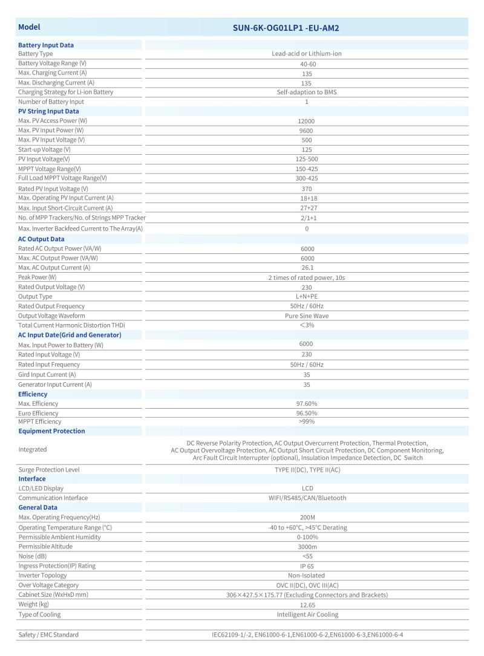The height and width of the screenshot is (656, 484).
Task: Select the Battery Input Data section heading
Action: pos(46,45)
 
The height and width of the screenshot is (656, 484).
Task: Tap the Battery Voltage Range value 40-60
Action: pos(307,63)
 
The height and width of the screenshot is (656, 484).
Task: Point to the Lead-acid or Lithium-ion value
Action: pos(307,54)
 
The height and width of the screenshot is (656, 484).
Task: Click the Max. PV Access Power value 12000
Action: pos(307,121)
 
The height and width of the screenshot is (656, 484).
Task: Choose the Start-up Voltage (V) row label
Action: pos(44,149)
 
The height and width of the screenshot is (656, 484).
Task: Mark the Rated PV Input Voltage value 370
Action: pos(307,189)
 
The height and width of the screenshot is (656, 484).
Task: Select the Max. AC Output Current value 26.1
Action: pos(307,268)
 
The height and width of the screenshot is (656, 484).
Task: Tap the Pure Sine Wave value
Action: pos(307,316)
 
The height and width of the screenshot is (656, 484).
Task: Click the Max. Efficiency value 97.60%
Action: pos(307,403)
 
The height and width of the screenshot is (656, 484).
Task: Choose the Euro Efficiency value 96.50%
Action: pos(307,413)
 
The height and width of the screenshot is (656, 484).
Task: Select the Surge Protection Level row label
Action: pos(49,470)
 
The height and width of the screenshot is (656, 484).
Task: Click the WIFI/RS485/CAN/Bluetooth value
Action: pos(307,498)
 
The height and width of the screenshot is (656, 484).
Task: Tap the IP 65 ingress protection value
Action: pos(307,566)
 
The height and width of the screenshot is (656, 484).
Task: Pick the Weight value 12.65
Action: pos(307,605)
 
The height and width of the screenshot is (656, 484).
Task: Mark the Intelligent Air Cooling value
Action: pos(307,615)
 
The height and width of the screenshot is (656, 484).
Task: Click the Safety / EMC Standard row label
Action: pos(48,635)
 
